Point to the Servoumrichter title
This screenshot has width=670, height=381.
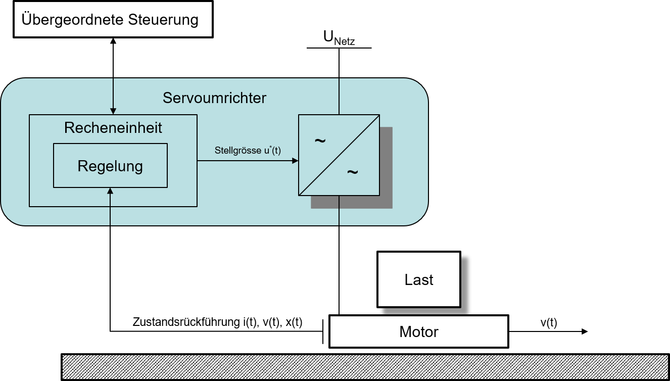tap(214, 98)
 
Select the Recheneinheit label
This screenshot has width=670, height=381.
tap(113, 128)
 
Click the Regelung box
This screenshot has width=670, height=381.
tap(110, 166)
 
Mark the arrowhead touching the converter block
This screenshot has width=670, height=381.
tap(295, 161)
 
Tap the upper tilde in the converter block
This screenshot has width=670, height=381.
tap(320, 140)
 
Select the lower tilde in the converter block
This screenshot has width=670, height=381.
tap(352, 172)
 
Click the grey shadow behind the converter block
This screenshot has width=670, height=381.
tap(387, 202)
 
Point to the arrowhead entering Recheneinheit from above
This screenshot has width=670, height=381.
tap(113, 111)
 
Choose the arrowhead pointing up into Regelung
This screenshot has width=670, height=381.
tap(110, 190)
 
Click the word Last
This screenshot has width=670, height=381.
tap(419, 280)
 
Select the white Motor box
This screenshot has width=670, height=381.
tap(419, 332)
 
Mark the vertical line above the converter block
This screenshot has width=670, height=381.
tap(339, 96)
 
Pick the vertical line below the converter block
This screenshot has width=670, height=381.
tap(339, 210)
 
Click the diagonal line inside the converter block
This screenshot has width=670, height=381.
tap(339, 155)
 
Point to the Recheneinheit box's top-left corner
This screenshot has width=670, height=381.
tap(29, 115)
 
